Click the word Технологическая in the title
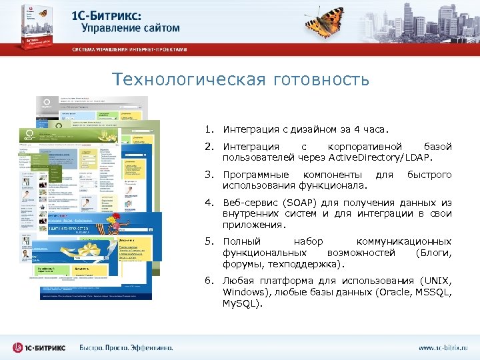(179, 80)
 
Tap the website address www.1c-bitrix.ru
(443, 347)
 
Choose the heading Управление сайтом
(131, 28)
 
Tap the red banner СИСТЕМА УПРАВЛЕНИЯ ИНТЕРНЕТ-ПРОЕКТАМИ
(129, 49)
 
